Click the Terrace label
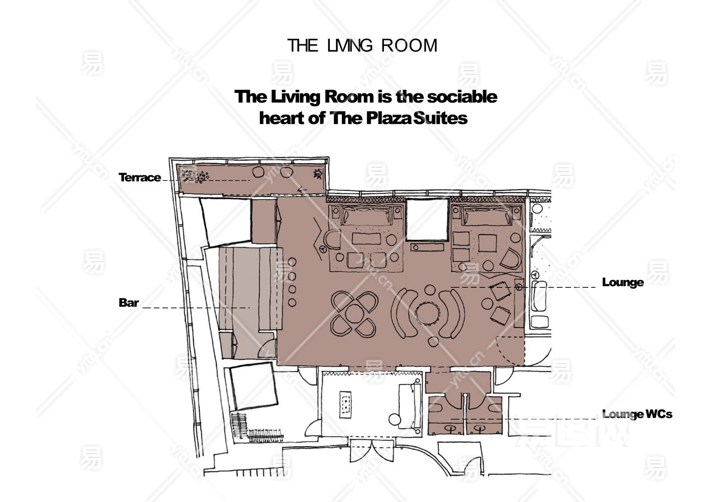(140, 177)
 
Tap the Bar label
(128, 303)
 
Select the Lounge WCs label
(637, 414)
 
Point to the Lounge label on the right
(623, 282)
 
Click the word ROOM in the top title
(409, 45)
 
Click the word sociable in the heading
(462, 96)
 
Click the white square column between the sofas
(427, 219)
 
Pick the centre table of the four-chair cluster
(354, 314)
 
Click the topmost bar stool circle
(292, 262)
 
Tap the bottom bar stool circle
(292, 303)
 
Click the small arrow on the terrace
(302, 190)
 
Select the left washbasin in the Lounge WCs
(450, 429)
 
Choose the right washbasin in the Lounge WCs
(479, 429)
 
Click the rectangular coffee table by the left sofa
(366, 238)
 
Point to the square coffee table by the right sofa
(487, 243)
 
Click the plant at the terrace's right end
(318, 174)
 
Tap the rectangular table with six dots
(346, 405)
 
